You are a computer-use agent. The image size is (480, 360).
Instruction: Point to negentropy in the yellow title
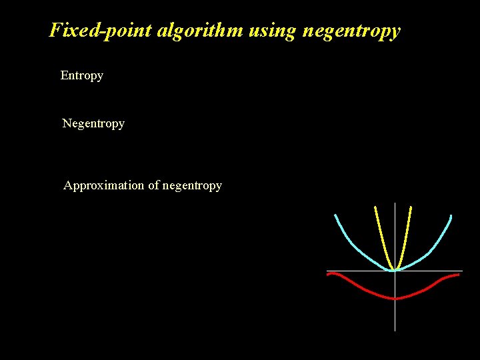[x=352, y=31]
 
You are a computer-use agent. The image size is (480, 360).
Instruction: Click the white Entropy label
[x=81, y=75]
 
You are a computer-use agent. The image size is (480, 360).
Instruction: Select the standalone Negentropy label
[x=93, y=123]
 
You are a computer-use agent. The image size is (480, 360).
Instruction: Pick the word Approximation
[x=103, y=185]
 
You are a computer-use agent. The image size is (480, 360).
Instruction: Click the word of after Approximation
[x=153, y=185]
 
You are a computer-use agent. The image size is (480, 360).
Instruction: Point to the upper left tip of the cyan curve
[x=335, y=215]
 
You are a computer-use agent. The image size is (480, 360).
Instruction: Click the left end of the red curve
[x=328, y=275]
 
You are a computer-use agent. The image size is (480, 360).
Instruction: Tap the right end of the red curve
[x=459, y=275]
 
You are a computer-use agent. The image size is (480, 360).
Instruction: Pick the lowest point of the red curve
[x=395, y=299]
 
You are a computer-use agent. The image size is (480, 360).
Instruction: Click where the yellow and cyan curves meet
[x=395, y=269]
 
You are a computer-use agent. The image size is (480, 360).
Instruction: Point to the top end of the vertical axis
[x=395, y=203]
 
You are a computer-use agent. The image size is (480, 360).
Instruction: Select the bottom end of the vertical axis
[x=395, y=329]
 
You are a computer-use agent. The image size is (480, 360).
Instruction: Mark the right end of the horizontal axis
[x=461, y=271]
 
